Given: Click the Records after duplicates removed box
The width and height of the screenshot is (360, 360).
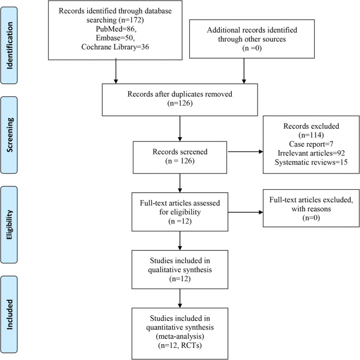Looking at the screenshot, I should pos(180,99).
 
